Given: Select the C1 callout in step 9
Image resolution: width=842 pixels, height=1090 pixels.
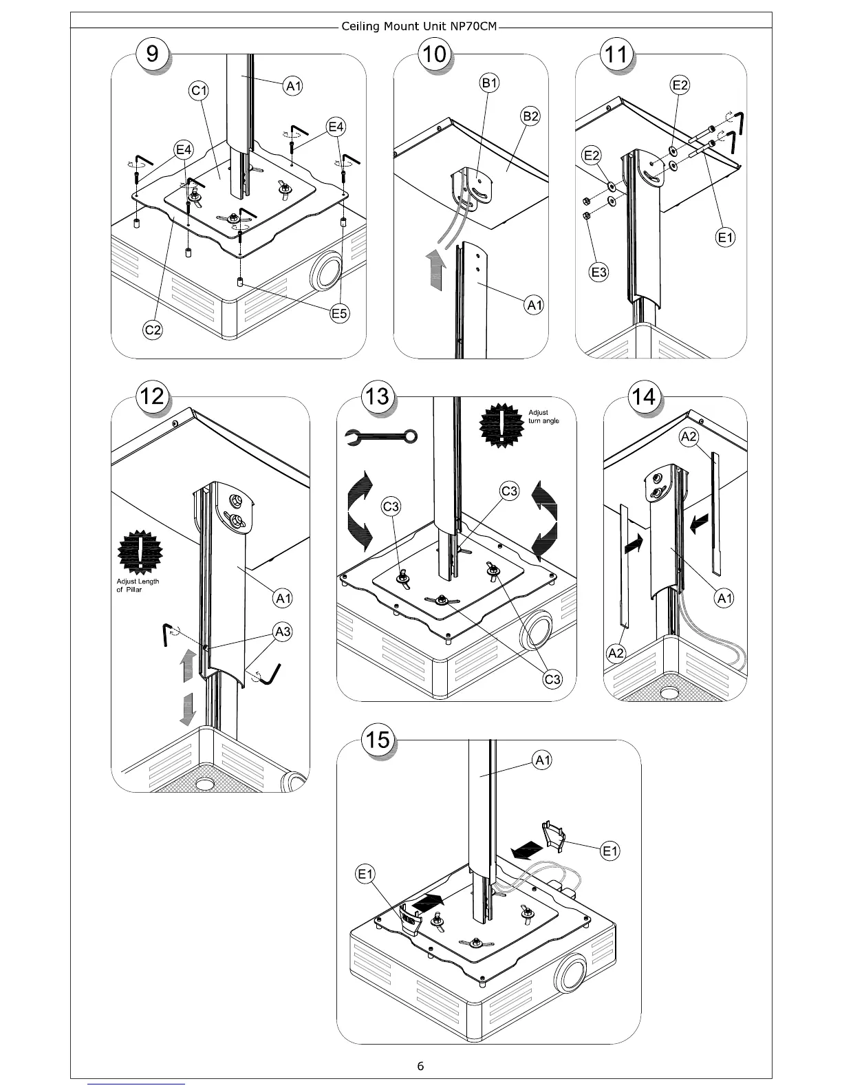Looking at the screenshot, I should point(199,91).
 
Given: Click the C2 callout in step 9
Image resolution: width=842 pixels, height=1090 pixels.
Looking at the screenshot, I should point(153,330).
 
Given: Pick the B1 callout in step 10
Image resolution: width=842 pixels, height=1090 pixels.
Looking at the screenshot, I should point(489,83).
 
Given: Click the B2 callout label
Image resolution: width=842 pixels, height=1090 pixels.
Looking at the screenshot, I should point(530,116).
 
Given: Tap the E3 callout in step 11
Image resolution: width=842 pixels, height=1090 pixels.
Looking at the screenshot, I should point(599,272).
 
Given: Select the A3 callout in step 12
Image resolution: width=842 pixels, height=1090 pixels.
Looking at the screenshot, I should point(283,631).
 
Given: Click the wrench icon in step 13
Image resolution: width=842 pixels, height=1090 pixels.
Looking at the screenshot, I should point(380,436).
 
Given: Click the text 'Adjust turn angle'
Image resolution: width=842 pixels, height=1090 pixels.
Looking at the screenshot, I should point(543,417).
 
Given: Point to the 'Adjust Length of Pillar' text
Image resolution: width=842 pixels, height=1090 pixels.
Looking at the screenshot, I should point(138,586).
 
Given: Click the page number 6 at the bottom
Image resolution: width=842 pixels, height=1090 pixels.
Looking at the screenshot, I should point(420,1066).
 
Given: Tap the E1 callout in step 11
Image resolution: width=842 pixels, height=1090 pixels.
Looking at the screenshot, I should point(726,238).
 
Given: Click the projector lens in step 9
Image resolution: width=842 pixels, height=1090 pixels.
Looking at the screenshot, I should point(326,272).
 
